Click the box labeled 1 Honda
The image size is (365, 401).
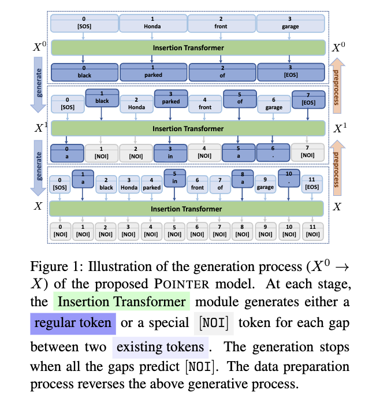point(153,23)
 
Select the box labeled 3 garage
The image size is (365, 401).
point(290,23)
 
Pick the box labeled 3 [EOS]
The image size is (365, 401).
point(290,72)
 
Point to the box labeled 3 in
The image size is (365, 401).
point(169,151)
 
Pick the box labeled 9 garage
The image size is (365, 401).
point(265,183)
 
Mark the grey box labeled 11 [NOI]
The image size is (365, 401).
point(311,231)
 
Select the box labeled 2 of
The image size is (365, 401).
point(222,72)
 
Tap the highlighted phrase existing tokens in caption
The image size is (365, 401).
point(160,347)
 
